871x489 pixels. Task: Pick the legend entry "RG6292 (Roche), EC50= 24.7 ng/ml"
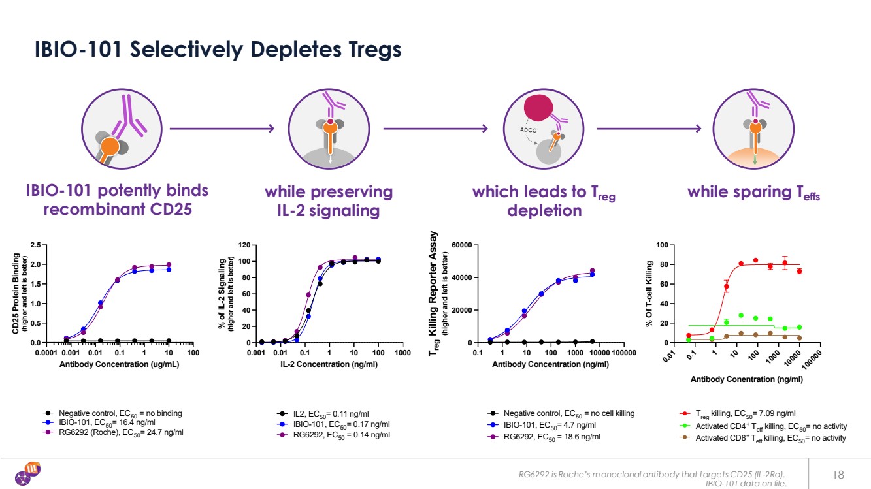121,433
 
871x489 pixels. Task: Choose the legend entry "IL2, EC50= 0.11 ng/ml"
331,413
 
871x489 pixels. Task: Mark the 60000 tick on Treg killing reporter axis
461,245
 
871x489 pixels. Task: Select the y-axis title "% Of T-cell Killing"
650,294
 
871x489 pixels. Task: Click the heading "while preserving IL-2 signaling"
328,201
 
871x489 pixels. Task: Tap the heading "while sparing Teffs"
753,193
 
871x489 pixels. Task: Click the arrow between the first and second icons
222,129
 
